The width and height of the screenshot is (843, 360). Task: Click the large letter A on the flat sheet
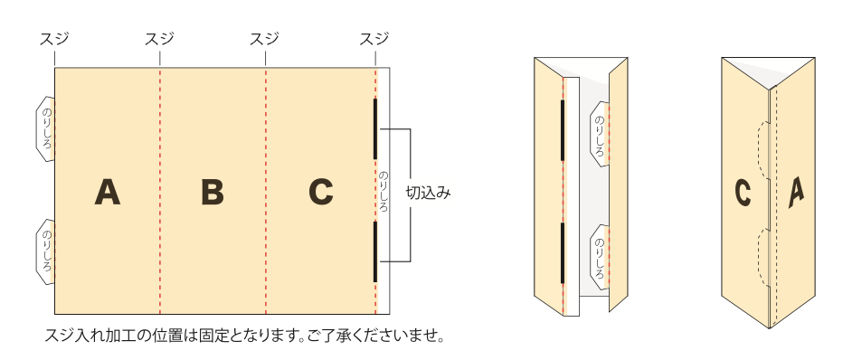[x=108, y=192]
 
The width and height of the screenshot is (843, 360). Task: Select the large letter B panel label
[x=213, y=192]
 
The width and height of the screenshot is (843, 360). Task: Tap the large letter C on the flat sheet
[x=320, y=192]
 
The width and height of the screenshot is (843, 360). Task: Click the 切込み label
[x=427, y=193]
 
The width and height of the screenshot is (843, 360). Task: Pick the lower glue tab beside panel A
[x=45, y=251]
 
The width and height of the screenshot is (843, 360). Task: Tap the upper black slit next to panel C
[x=375, y=128]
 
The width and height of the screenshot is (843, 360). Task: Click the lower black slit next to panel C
[x=375, y=251]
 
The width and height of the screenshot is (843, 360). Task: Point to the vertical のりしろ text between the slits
[x=384, y=192]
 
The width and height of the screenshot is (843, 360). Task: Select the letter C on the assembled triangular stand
[x=744, y=193]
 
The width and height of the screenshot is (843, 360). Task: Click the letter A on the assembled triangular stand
[x=796, y=191]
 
